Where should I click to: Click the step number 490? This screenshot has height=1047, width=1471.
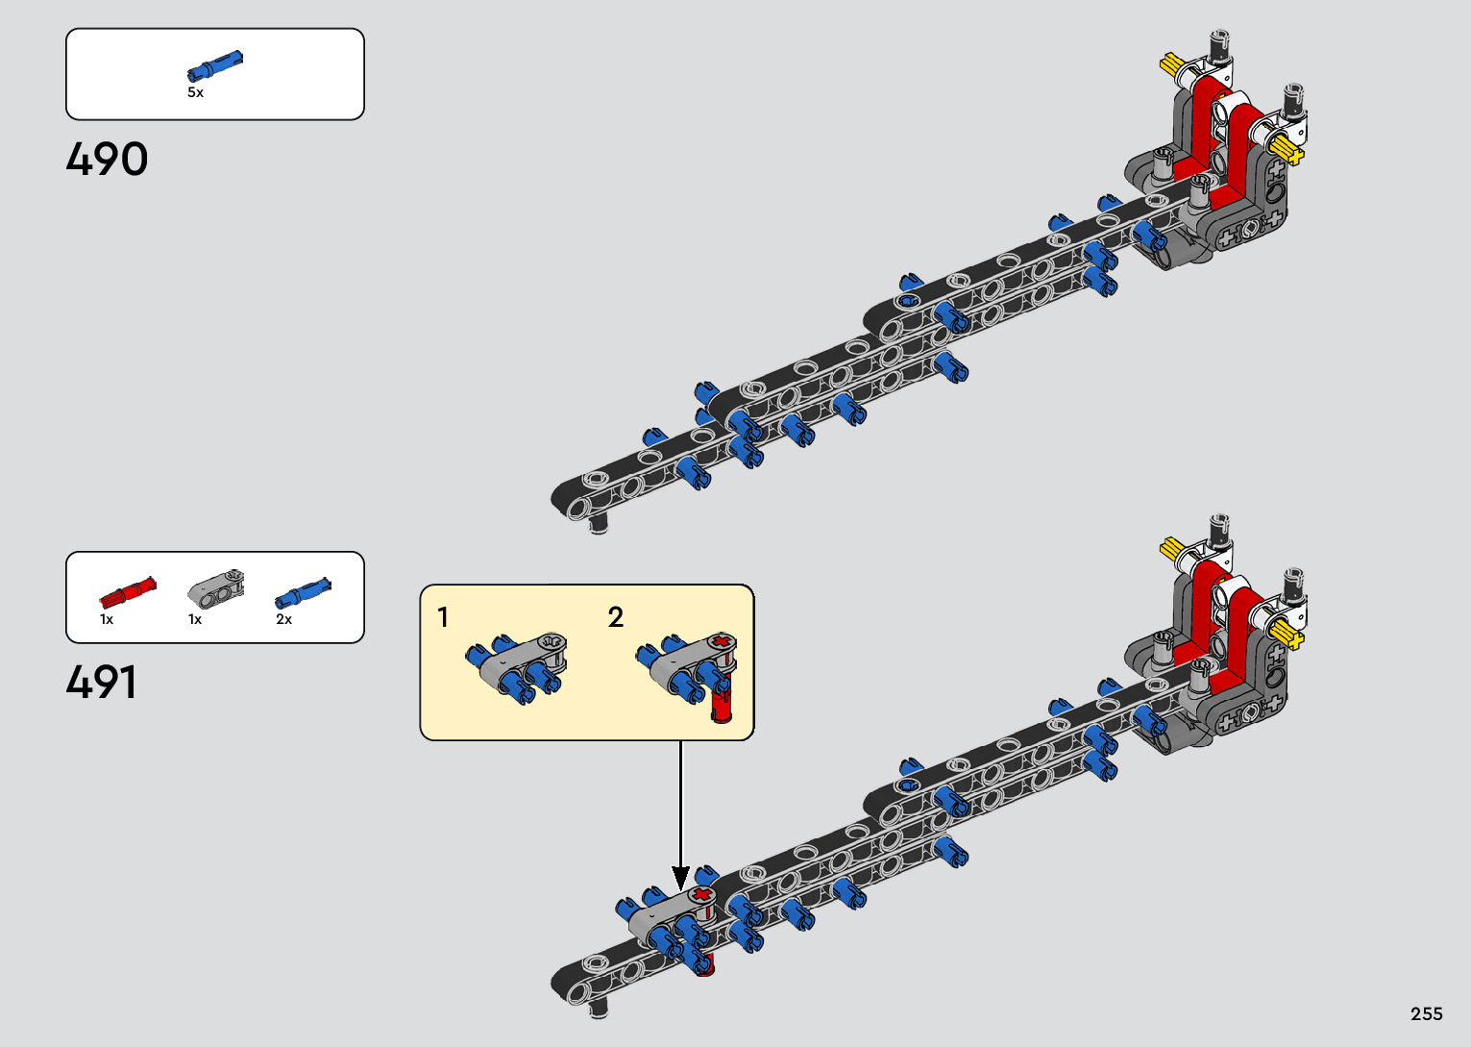107,159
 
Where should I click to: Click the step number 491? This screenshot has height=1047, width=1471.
102,683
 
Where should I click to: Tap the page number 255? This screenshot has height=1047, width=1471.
1427,1013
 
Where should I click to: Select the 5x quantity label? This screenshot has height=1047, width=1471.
196,92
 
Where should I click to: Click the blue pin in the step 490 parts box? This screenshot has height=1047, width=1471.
214,65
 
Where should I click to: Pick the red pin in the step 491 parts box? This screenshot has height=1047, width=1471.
128,592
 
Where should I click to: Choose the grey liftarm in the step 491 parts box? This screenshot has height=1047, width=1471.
216,587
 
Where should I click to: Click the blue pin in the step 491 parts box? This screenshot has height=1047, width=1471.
303,593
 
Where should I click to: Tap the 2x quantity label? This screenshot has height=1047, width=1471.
283,619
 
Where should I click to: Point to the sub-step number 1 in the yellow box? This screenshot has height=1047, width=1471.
443,617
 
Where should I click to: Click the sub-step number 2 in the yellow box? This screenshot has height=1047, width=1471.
615,617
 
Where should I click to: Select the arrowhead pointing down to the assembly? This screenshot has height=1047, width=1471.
680,879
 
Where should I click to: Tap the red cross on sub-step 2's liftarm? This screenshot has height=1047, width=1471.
723,641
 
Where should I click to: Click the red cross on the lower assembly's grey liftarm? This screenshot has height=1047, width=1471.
702,894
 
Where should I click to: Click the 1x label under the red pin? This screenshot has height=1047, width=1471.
107,619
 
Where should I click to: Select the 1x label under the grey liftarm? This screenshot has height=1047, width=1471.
195,619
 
